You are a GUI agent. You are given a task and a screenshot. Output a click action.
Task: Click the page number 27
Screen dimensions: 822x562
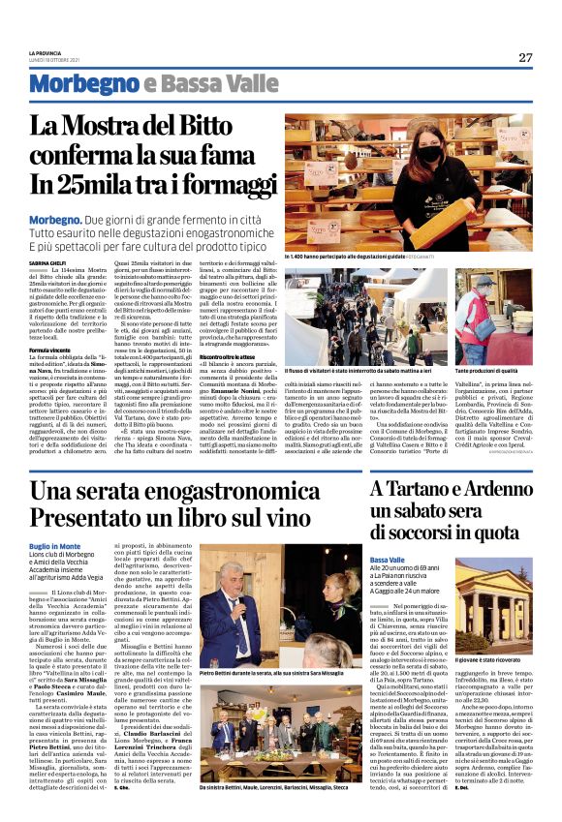(524, 57)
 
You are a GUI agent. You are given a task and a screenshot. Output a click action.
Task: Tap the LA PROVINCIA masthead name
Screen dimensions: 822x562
(45, 51)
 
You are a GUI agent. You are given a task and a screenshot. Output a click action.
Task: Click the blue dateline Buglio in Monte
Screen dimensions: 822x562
(57, 546)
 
